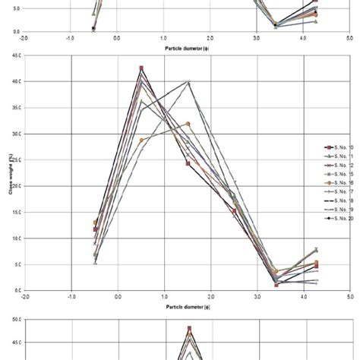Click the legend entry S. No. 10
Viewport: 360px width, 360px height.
tap(336, 147)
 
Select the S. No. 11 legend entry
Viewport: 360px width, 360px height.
tap(336, 158)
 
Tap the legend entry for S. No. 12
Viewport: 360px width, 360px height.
tap(336, 166)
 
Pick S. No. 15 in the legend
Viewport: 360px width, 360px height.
tap(336, 175)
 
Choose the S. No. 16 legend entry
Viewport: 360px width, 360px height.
tap(336, 185)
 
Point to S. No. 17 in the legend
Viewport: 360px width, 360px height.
tap(336, 194)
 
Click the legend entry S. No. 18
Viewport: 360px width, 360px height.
tap(336, 203)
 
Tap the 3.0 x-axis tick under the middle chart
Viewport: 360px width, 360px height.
tap(256, 297)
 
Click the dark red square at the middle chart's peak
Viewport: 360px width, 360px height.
tap(141, 68)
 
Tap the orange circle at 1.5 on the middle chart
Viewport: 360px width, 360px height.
tap(188, 124)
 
